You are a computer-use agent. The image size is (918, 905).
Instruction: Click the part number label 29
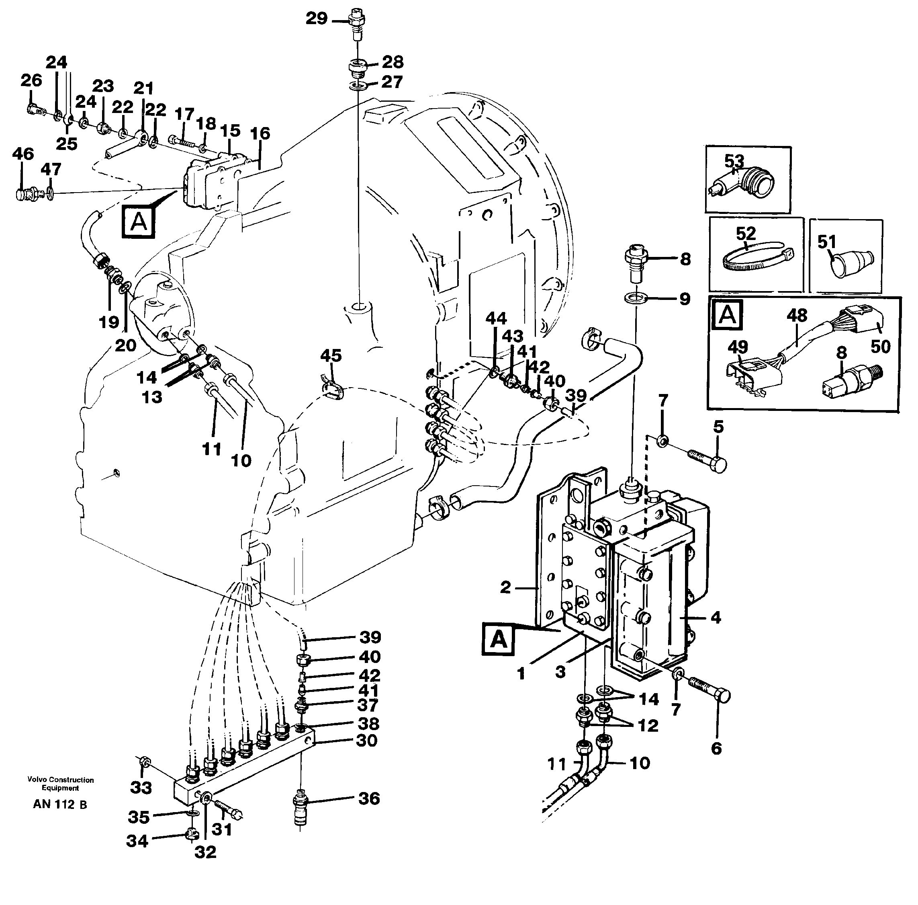[316, 18]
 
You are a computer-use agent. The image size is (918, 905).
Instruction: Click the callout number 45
[331, 355]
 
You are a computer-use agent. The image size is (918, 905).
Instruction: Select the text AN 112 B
[60, 804]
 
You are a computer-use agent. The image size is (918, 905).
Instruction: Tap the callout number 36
[368, 798]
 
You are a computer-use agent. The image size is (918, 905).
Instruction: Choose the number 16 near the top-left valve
[260, 133]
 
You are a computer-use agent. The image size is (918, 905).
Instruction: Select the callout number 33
[141, 788]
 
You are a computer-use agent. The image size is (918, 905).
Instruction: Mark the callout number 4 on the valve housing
[716, 618]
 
